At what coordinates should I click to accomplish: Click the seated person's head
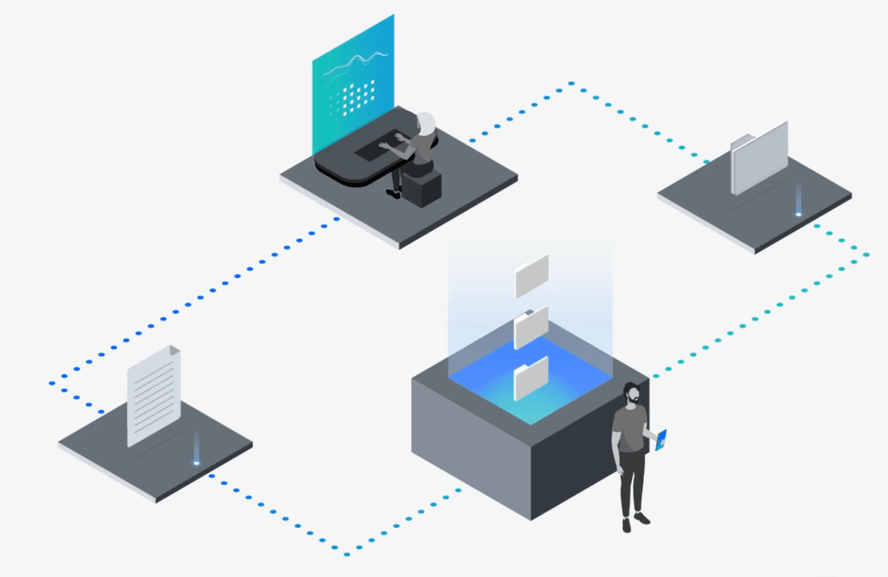426,124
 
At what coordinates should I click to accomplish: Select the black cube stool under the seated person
422,188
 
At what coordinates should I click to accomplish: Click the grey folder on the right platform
759,158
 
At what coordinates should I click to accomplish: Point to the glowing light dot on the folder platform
799,214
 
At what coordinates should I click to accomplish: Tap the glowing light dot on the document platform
196,463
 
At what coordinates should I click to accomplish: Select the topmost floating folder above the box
531,276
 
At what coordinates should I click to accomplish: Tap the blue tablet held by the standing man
661,440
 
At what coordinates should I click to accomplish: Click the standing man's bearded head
632,394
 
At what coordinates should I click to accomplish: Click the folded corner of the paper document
174,350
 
